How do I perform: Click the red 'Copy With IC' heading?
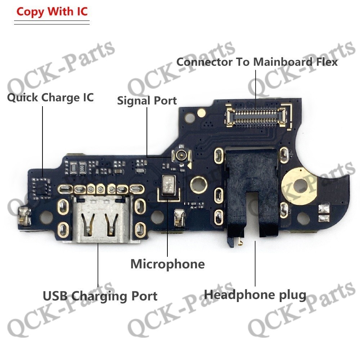click(x=52, y=12)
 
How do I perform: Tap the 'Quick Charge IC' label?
click(x=50, y=98)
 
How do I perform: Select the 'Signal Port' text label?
click(x=147, y=100)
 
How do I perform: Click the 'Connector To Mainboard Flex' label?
click(x=257, y=62)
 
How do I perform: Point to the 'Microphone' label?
click(x=168, y=264)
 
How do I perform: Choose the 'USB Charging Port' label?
click(x=100, y=296)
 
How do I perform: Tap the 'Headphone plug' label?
click(x=255, y=294)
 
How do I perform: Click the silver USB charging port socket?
click(x=101, y=219)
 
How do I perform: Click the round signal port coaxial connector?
click(x=181, y=156)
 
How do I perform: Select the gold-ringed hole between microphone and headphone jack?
click(x=199, y=184)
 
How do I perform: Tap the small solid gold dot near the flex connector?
click(x=201, y=112)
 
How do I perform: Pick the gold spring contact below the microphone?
click(x=180, y=217)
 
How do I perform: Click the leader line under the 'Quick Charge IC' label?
click(x=42, y=141)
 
